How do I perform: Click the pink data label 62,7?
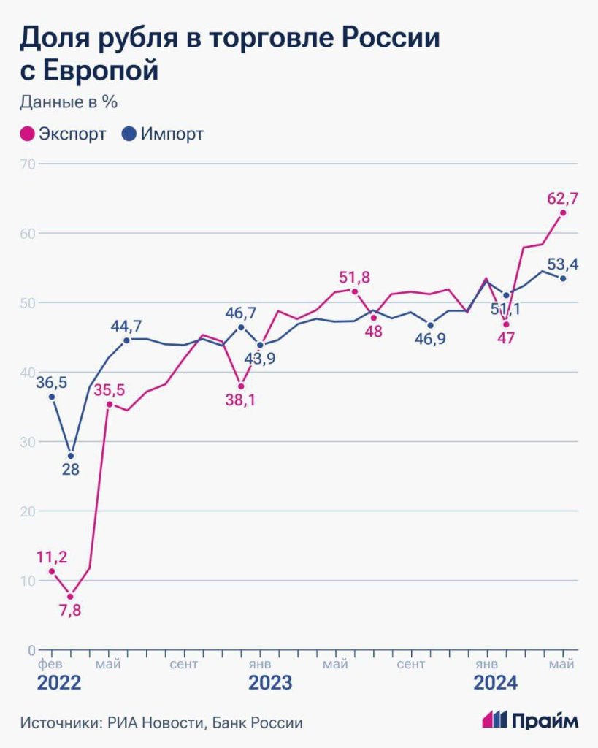[562, 197]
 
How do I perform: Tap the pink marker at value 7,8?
[70, 597]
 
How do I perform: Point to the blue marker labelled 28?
[70, 456]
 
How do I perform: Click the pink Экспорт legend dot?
[27, 134]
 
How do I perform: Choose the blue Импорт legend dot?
[129, 134]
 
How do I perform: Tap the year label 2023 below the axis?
[269, 684]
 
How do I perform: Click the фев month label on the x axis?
[50, 663]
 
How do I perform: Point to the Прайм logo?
[531, 720]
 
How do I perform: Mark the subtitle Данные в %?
[69, 102]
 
